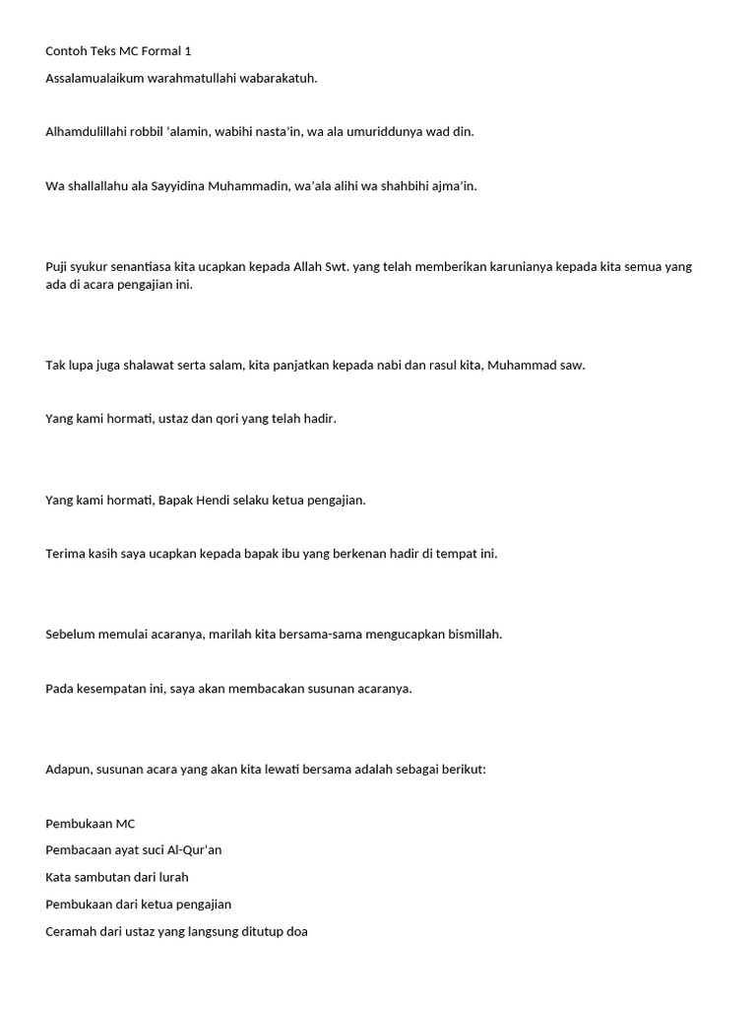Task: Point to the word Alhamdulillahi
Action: tap(85, 131)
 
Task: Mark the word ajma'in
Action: tap(454, 185)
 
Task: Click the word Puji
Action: tap(57, 267)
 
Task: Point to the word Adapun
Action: tap(69, 769)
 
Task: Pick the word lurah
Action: tap(171, 877)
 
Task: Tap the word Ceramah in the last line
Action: tap(72, 931)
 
